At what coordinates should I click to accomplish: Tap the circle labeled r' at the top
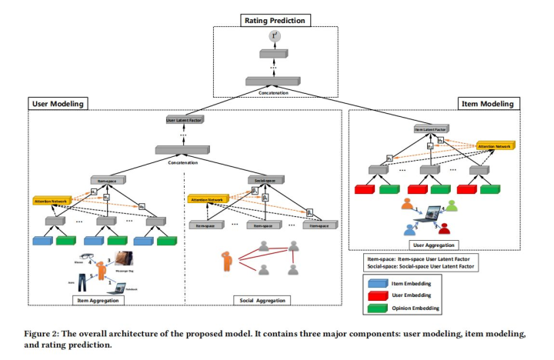coord(274,36)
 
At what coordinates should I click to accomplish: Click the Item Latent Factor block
coord(429,130)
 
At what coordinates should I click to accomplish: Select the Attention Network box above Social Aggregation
coord(207,199)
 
